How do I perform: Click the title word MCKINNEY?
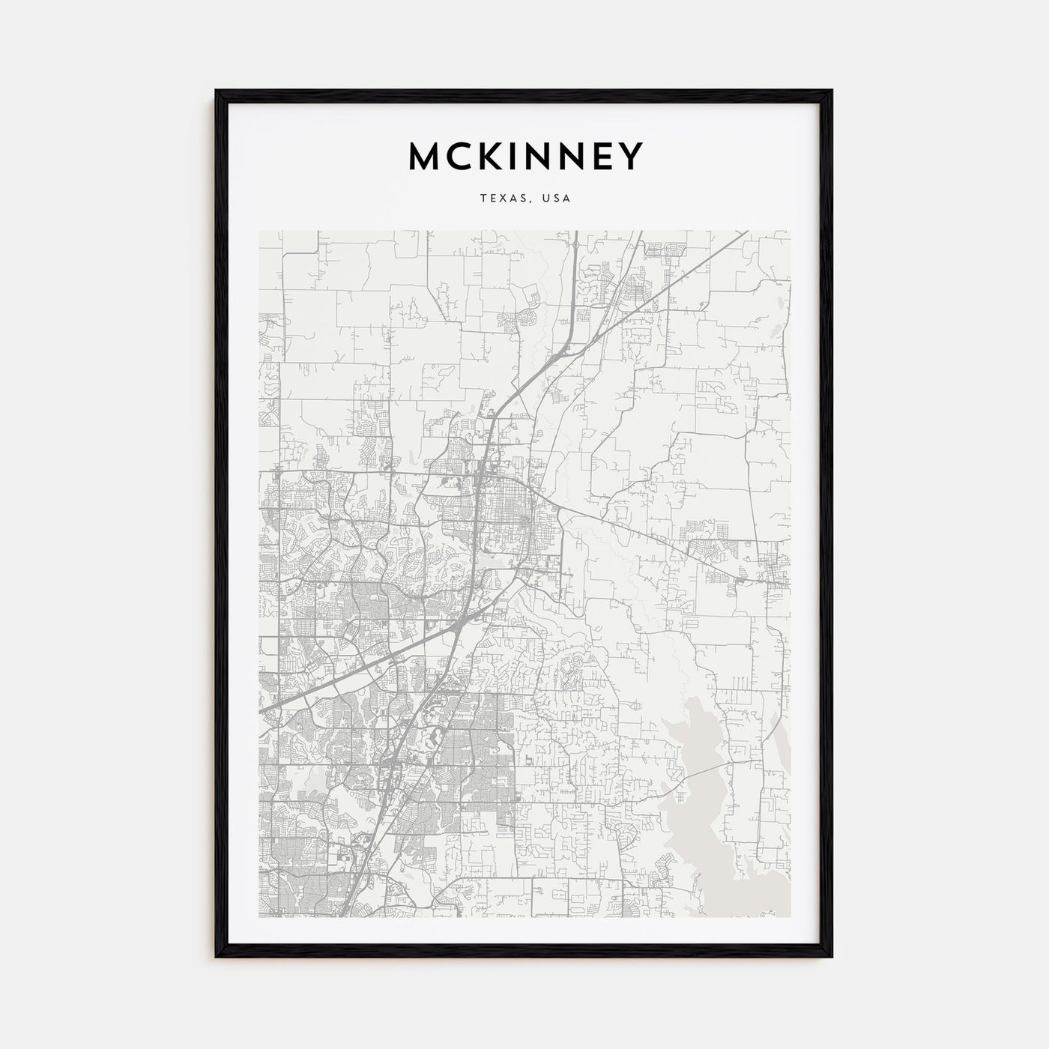(524, 156)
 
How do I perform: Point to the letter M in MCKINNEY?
(424, 156)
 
